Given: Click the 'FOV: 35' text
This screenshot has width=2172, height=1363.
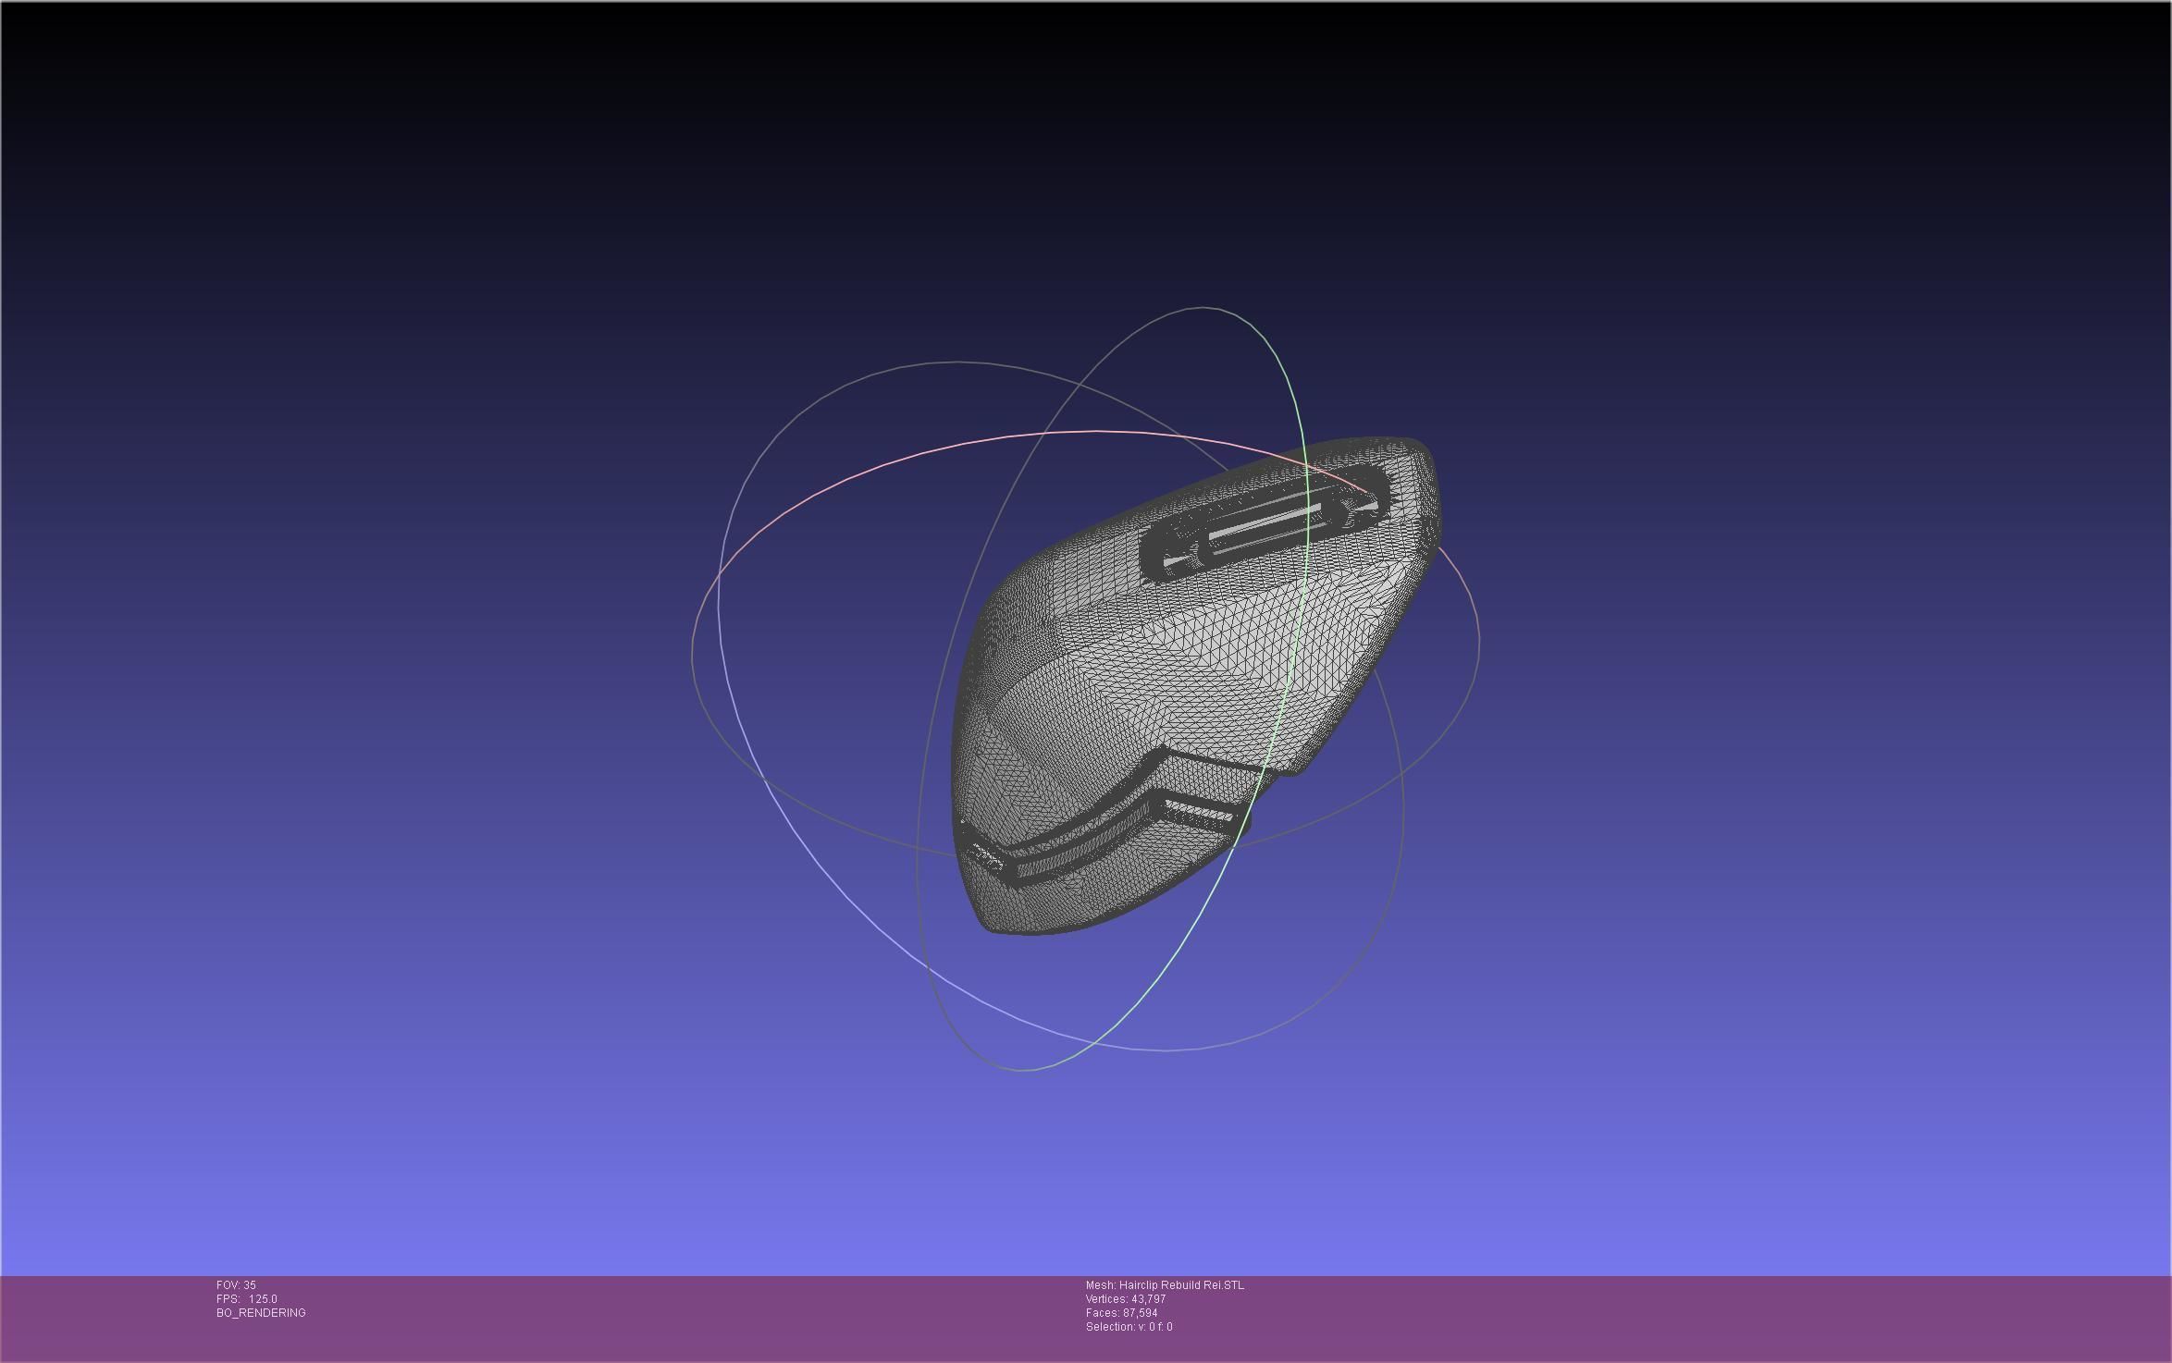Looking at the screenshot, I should (236, 1285).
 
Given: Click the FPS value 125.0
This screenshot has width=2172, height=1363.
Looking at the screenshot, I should (263, 1299).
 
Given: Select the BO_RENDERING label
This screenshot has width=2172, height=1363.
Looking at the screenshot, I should (261, 1313).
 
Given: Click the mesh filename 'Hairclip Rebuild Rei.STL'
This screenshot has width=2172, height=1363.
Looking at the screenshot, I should (1181, 1285).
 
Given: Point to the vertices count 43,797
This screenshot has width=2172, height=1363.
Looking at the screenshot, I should (1148, 1299).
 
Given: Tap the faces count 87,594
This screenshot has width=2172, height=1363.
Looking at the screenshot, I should (1140, 1313).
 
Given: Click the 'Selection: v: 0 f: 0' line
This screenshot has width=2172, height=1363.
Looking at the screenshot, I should (1129, 1327).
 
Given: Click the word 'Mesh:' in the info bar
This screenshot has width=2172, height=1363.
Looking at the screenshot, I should (1100, 1285).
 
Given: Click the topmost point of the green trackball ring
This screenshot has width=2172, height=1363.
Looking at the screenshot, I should (1203, 307).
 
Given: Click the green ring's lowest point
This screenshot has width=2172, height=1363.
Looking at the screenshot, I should (1022, 1071).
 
